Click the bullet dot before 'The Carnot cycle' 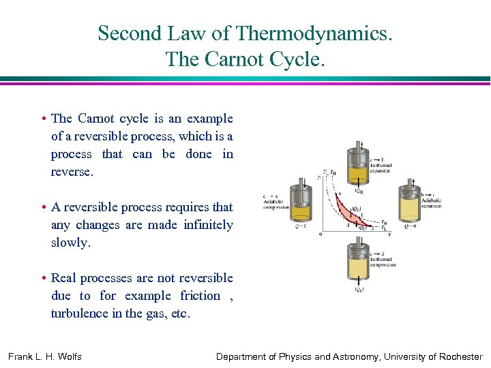pos(44,119)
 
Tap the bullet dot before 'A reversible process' pos(44,208)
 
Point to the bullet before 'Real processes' pos(44,279)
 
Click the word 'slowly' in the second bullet pos(70,243)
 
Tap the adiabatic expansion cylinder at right pos(410,202)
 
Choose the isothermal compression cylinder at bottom pos(357,262)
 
